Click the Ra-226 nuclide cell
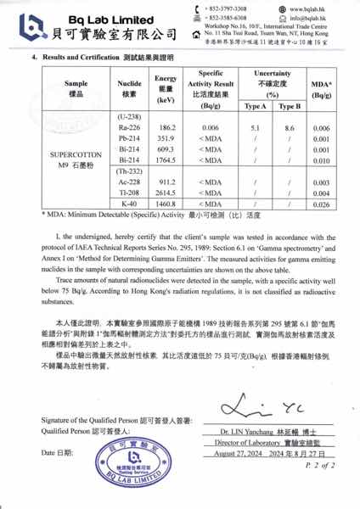[129, 128]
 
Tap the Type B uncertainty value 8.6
[289, 128]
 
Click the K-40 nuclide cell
[129, 204]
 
